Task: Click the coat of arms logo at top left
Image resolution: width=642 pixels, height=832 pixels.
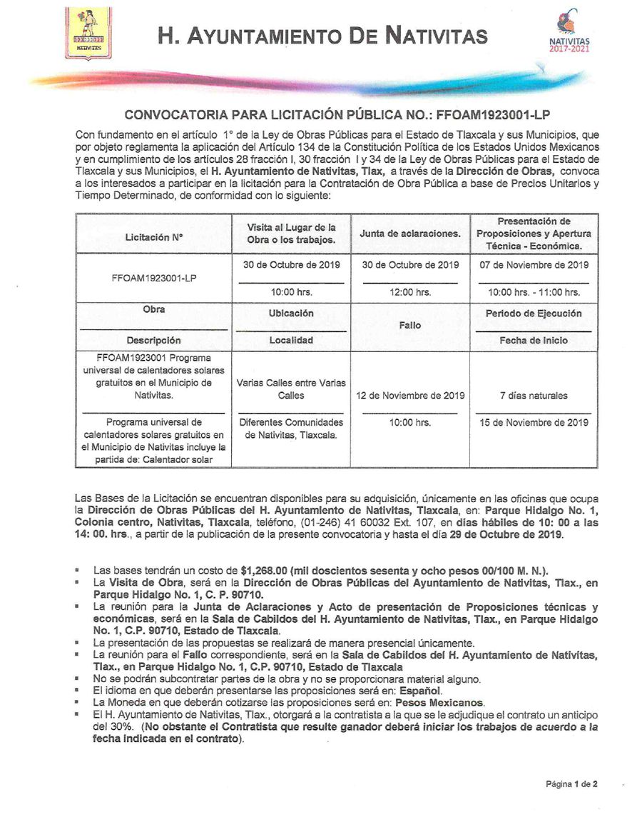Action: (88, 33)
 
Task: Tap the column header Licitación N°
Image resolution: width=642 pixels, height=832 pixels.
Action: (154, 234)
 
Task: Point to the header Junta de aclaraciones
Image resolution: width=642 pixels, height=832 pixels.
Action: (410, 234)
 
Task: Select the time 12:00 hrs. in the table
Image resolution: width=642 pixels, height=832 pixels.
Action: (410, 292)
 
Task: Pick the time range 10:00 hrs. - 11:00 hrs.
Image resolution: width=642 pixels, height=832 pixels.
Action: (534, 292)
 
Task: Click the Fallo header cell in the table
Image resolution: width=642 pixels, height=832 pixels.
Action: (410, 325)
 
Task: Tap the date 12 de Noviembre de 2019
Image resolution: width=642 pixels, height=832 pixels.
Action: (410, 396)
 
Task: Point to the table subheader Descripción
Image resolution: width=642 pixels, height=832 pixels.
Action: (154, 341)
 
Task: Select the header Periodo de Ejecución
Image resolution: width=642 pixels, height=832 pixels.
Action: (534, 314)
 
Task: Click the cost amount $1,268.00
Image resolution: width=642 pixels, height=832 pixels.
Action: (265, 570)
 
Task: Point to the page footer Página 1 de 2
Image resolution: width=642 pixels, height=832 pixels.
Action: (571, 783)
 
